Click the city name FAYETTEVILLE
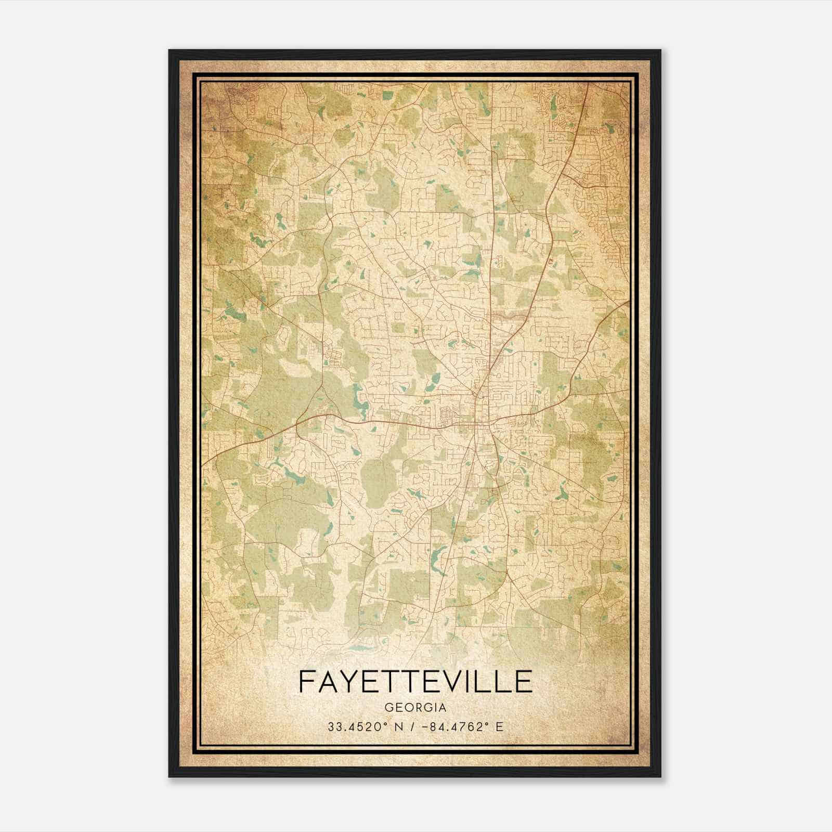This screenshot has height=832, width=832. tap(415, 681)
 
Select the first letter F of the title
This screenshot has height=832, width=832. tap(308, 681)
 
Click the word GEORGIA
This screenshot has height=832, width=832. tap(415, 708)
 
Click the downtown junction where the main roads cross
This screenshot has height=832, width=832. tap(475, 424)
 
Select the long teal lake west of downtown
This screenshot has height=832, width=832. tap(358, 400)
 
